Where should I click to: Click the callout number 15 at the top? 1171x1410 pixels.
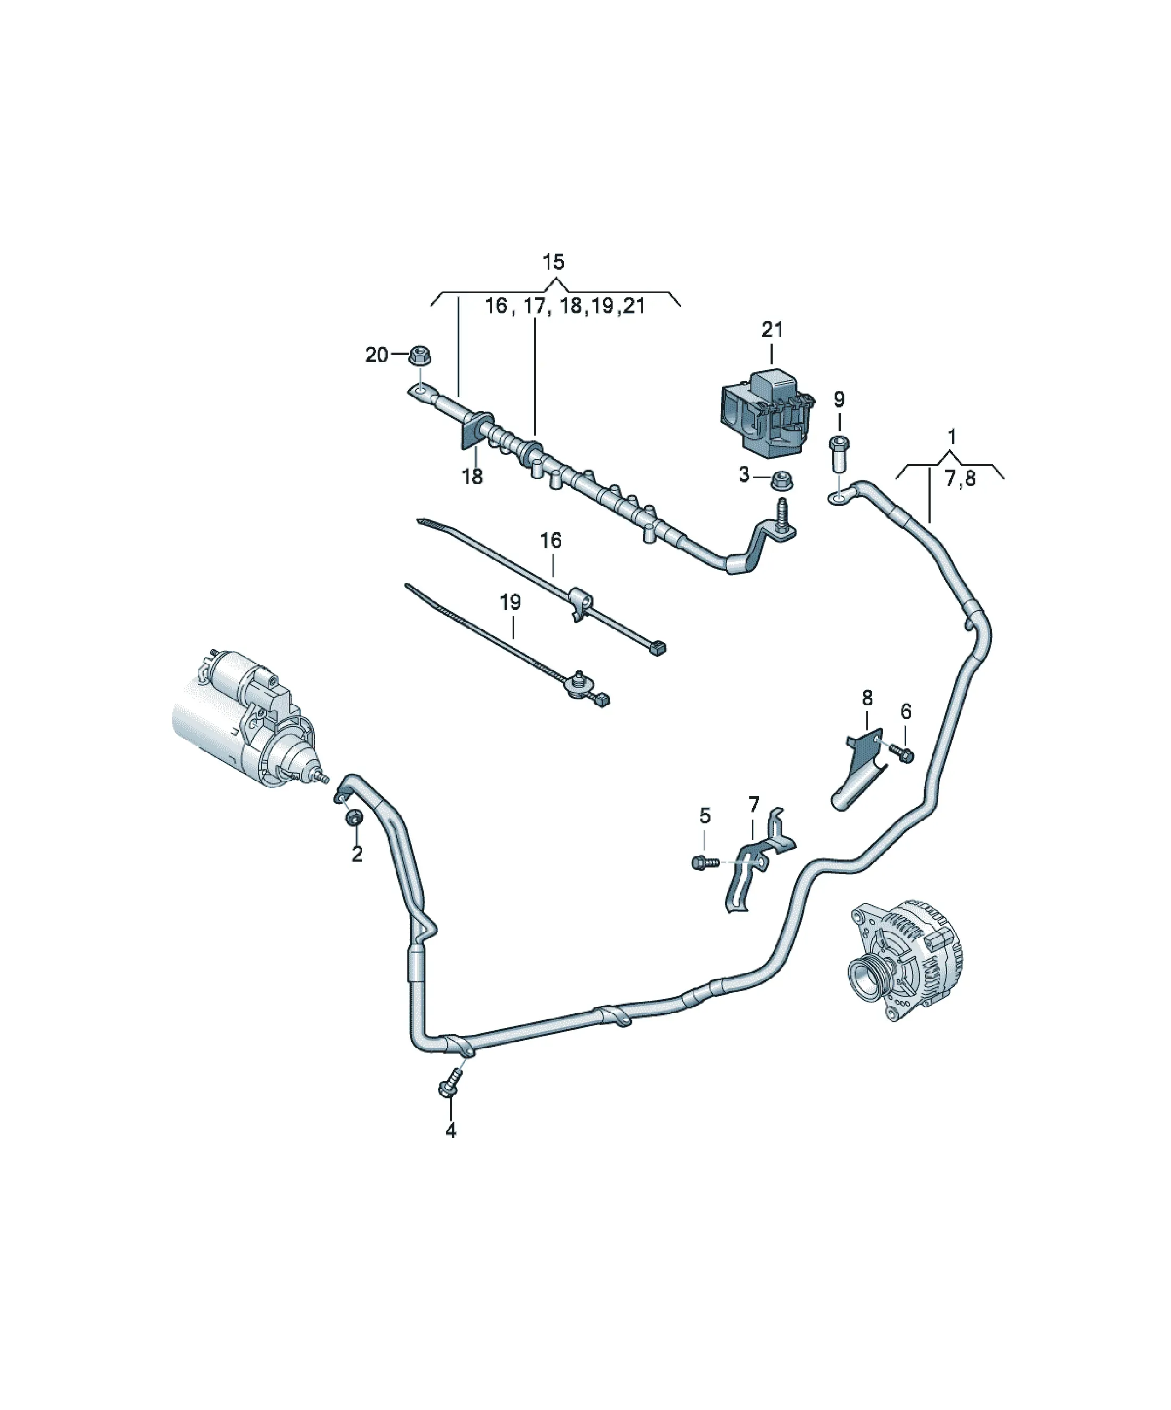(553, 262)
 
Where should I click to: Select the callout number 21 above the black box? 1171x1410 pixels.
(772, 330)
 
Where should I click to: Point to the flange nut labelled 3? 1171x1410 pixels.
(779, 481)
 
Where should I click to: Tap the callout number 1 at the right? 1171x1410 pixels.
(951, 437)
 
